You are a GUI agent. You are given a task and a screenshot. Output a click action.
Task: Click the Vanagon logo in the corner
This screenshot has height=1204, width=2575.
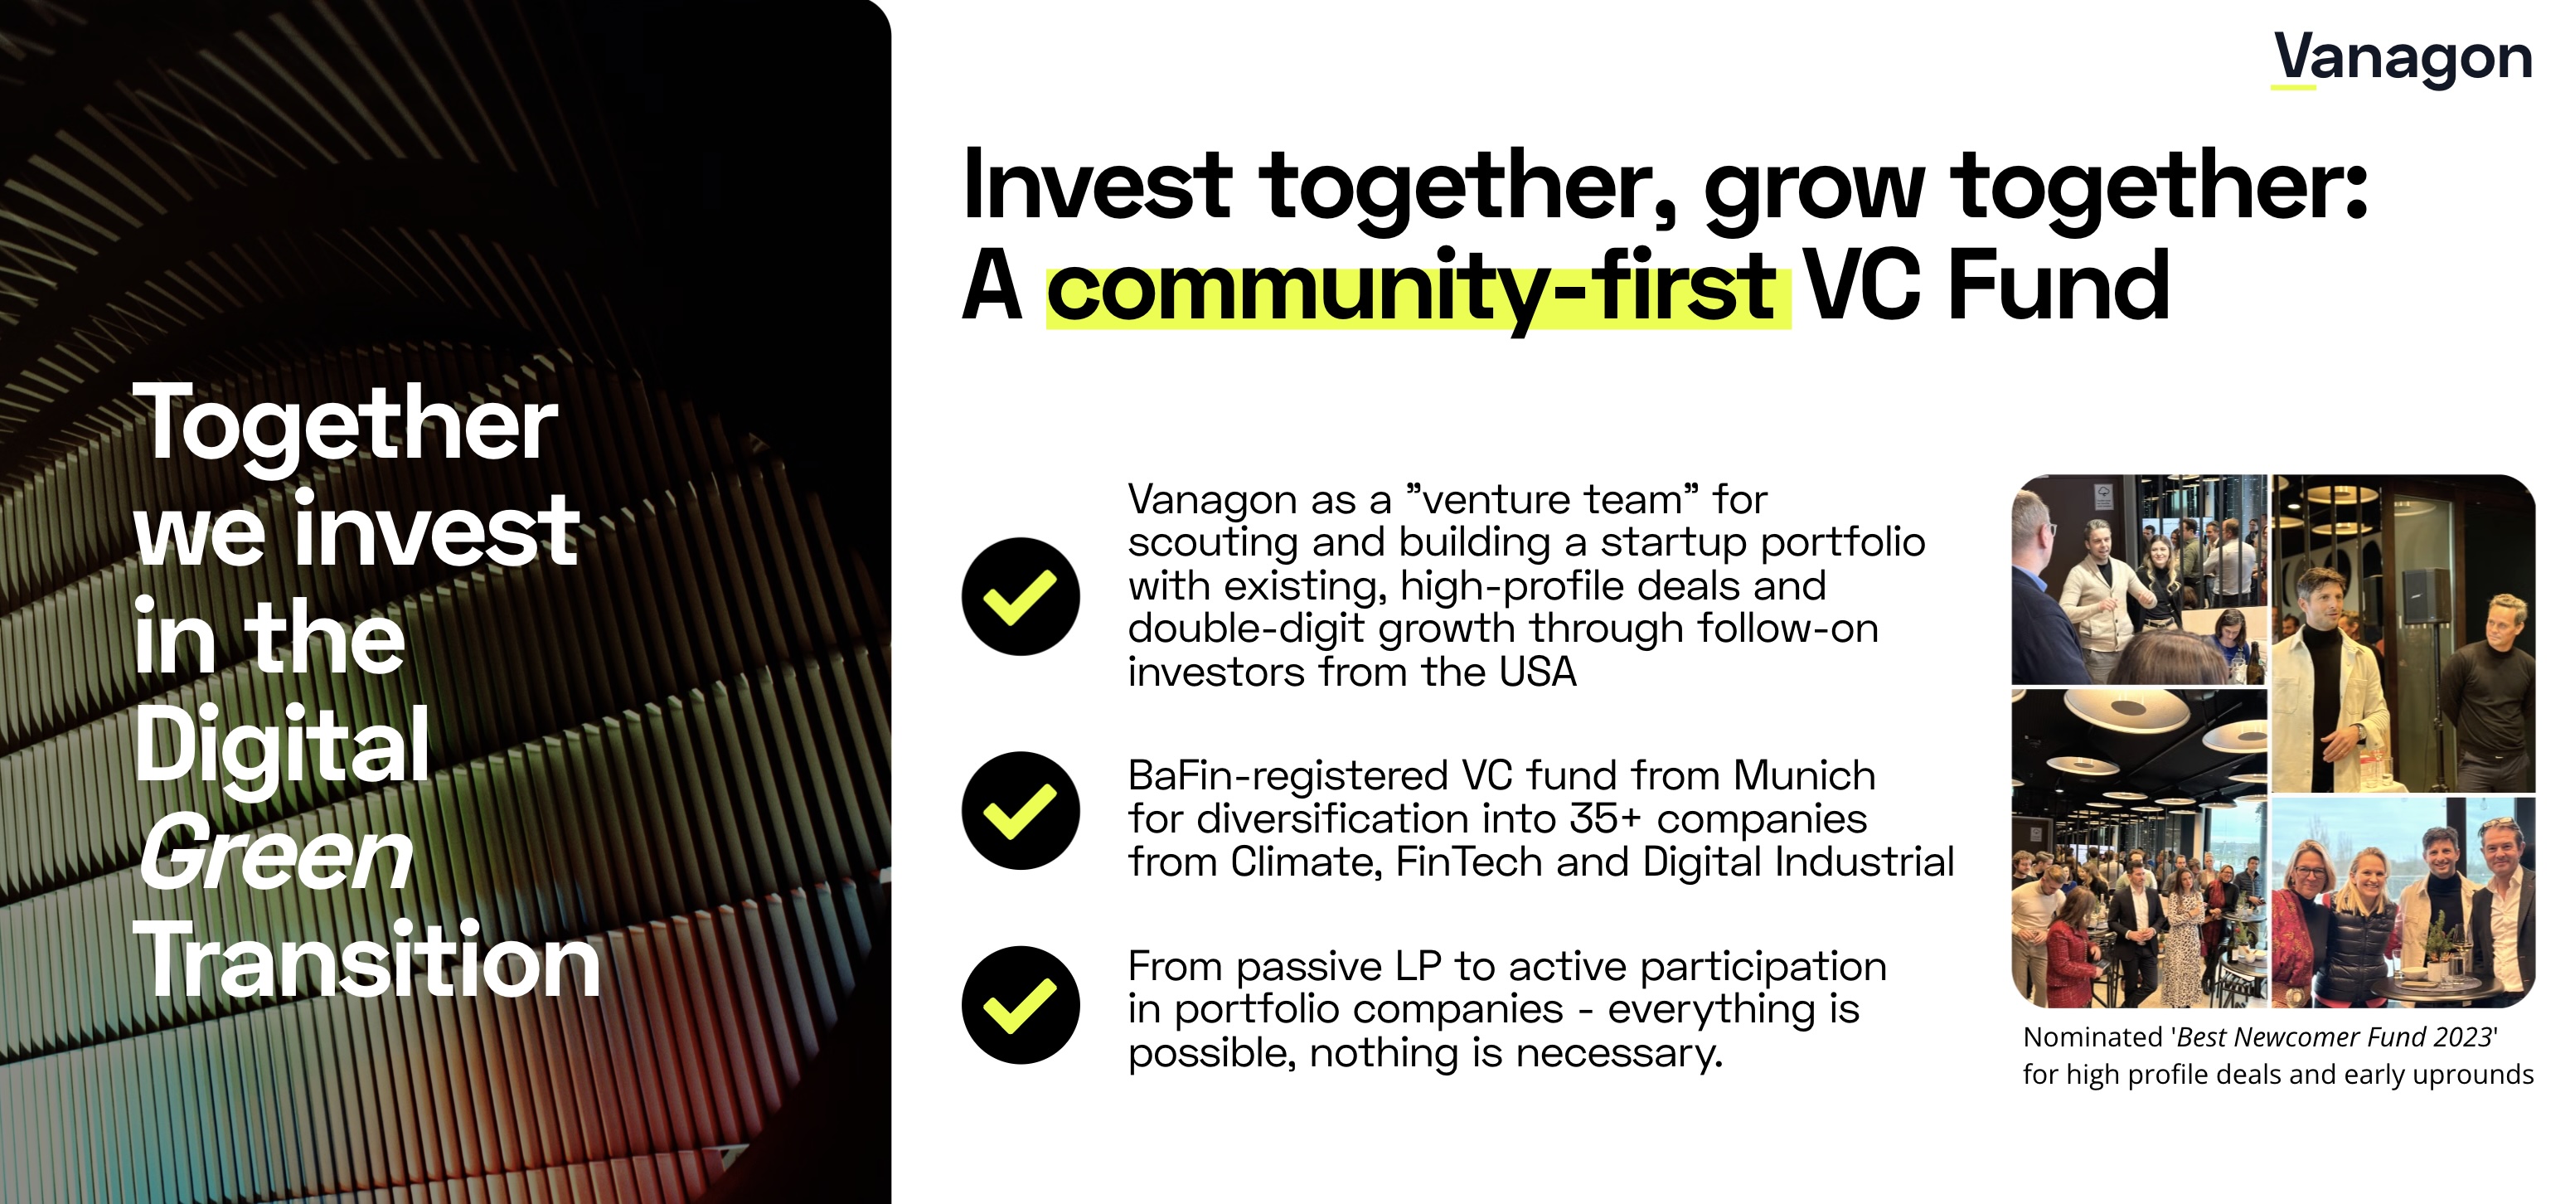click(x=2402, y=60)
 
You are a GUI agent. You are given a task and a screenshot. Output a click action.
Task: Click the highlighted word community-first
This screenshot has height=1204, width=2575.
click(x=1418, y=288)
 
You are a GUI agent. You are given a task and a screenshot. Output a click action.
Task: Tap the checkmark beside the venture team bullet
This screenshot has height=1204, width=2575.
click(x=1021, y=596)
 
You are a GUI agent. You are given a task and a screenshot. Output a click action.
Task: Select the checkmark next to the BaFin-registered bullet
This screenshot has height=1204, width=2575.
click(x=1021, y=810)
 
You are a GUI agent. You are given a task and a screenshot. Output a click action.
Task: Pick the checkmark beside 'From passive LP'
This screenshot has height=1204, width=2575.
click(x=1021, y=1004)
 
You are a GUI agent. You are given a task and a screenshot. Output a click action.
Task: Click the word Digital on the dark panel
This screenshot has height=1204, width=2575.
click(x=282, y=746)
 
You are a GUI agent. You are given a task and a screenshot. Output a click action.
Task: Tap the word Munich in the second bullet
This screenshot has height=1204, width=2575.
click(x=1803, y=776)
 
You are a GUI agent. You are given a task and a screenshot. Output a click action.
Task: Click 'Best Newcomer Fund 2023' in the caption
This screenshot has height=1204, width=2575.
click(x=2335, y=1038)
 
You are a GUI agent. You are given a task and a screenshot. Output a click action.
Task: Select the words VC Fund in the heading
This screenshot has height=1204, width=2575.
click(x=1987, y=286)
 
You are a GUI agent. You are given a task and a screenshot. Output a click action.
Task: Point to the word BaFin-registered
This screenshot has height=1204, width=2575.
click(x=1287, y=777)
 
